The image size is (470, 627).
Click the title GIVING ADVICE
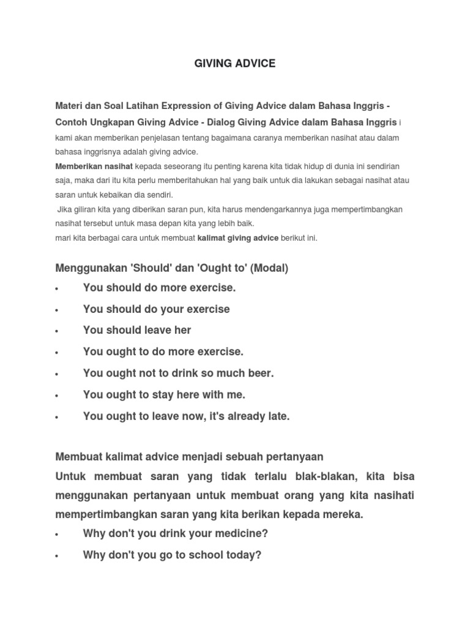235,64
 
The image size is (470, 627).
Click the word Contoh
72,122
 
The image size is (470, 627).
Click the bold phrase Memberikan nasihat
94,167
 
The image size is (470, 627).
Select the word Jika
65,209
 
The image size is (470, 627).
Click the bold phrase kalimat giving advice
237,238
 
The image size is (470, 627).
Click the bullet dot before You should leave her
57,331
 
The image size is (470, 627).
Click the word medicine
237,533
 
